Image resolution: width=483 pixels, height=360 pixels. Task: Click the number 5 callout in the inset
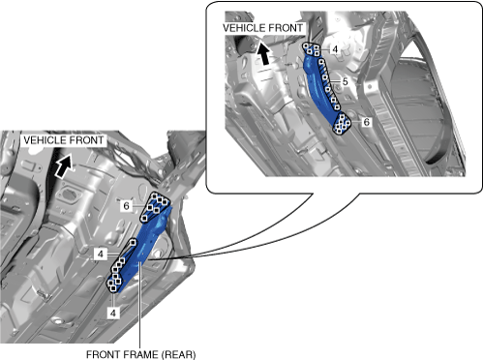pos(346,81)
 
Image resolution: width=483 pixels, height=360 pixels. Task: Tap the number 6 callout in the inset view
pos(366,122)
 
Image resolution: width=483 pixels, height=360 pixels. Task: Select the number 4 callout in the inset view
pos(335,49)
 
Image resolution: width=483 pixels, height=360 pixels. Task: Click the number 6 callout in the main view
pos(126,206)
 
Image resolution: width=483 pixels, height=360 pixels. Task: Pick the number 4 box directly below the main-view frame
pos(113,313)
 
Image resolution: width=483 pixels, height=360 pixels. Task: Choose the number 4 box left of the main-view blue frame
pos(101,255)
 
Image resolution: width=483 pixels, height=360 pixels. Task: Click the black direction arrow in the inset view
pos(264,54)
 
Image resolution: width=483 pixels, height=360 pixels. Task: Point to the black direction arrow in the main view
pos(64,165)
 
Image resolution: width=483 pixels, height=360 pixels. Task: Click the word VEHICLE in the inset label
pos(244,28)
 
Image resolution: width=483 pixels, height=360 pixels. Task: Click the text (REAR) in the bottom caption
pos(178,354)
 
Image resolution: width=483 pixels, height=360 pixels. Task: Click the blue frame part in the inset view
pos(322,88)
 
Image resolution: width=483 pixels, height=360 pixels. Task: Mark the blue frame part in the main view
pos(143,245)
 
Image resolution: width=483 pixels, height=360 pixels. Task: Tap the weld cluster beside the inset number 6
pos(342,123)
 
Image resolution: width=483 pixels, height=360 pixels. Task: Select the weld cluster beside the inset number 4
pos(311,49)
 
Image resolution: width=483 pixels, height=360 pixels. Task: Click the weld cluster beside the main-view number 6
pos(155,207)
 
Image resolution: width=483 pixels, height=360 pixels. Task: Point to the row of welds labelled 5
pos(329,84)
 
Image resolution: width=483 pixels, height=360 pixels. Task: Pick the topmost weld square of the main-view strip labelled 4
pos(133,242)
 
